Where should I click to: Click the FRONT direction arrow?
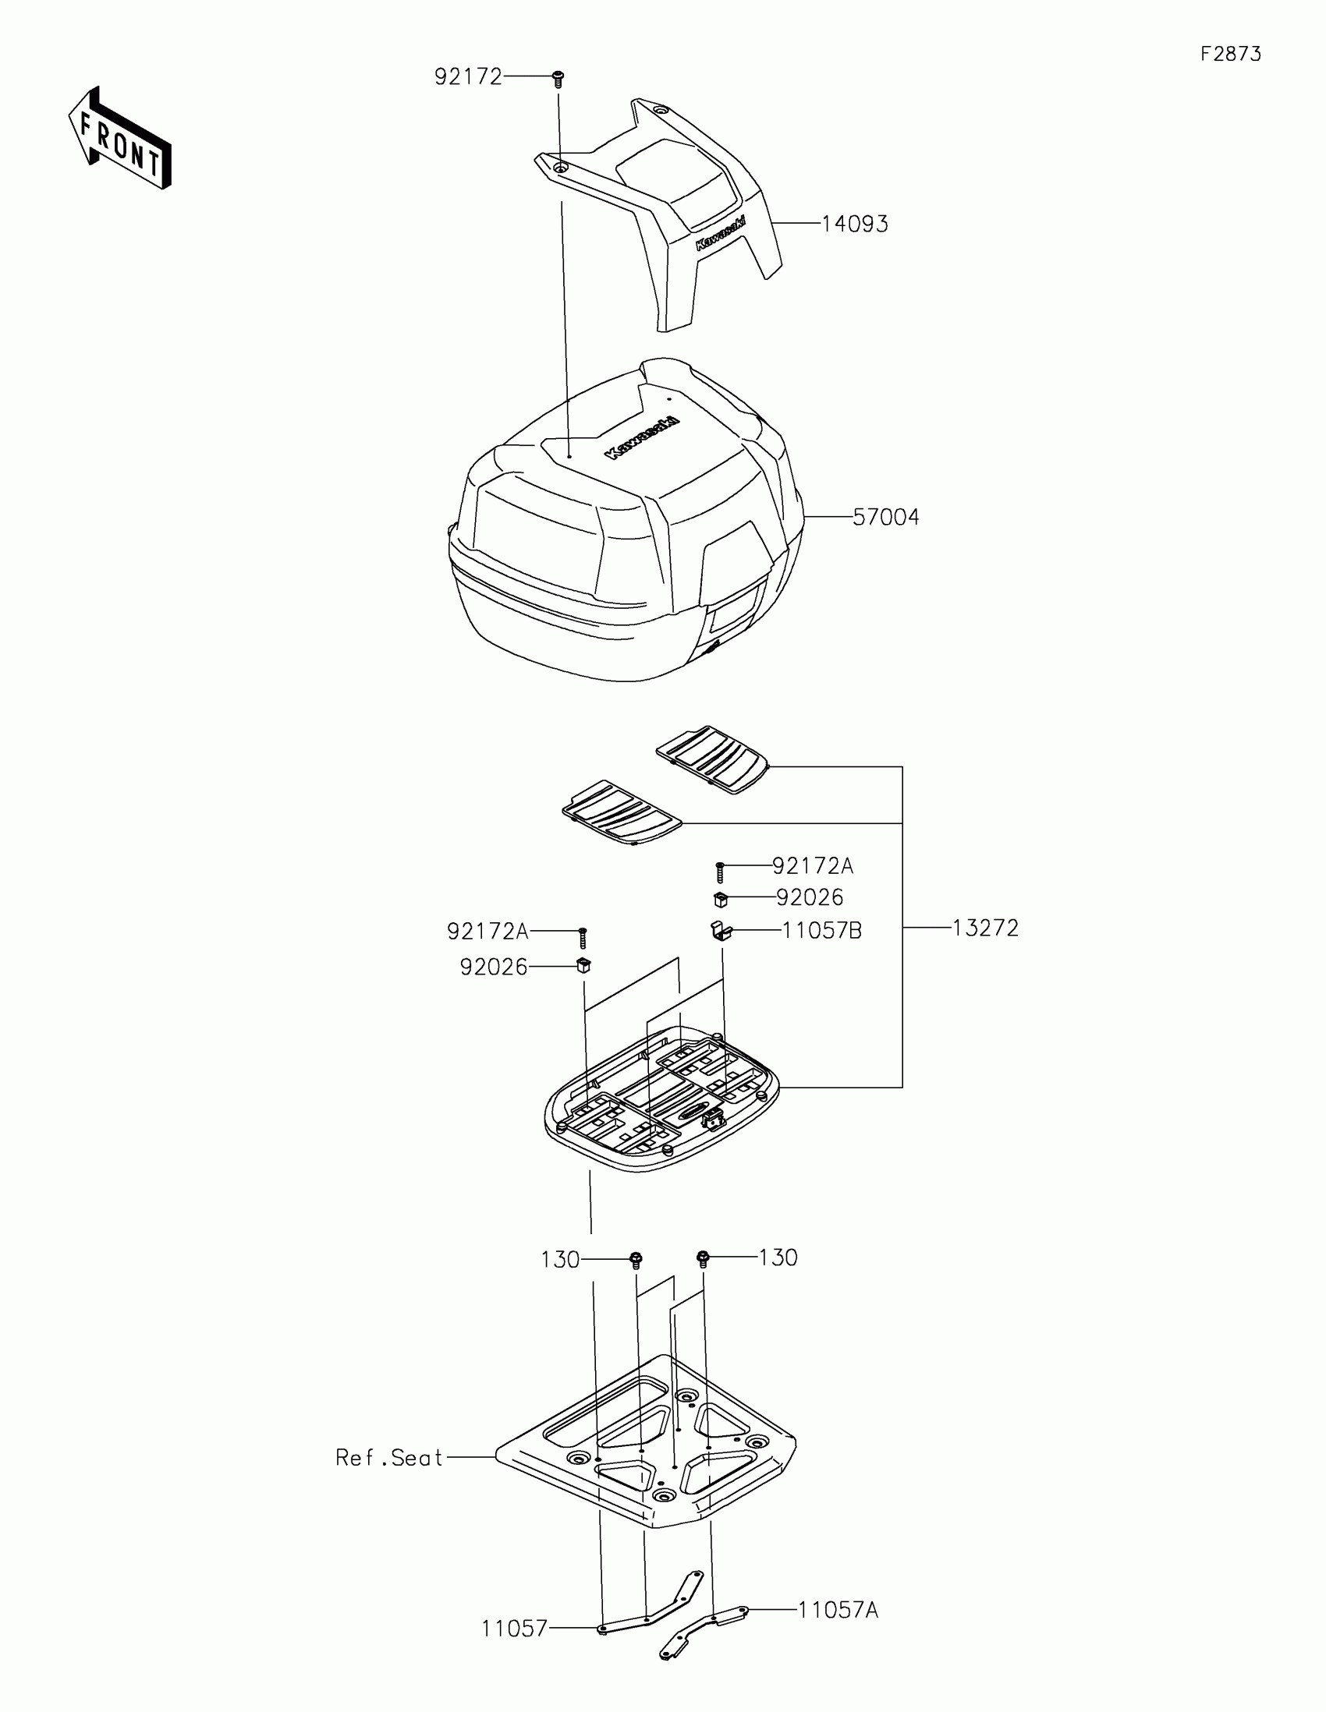point(120,138)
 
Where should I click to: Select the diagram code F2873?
point(1230,54)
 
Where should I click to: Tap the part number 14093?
point(855,225)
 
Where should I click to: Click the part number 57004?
point(885,518)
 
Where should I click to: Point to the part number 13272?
point(985,929)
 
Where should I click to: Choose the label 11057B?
point(822,932)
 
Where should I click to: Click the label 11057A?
point(838,1611)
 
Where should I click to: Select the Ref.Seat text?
point(390,1458)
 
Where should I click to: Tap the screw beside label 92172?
point(558,79)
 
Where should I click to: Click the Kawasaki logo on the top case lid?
point(641,438)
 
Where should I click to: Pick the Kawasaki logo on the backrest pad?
point(720,234)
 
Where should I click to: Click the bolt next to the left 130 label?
point(636,1261)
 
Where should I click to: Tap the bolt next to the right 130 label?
point(703,1259)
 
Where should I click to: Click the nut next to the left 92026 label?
point(583,965)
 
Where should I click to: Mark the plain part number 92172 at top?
point(468,77)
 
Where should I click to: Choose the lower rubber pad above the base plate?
point(622,812)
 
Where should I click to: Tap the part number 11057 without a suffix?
point(514,1629)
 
